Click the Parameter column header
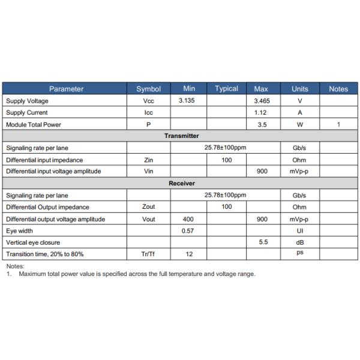click(66, 89)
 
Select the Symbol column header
click(149, 89)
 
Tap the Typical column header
click(226, 89)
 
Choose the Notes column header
click(338, 89)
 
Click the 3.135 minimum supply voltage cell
click(189, 101)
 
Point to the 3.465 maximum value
click(262, 101)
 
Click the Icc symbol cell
click(149, 112)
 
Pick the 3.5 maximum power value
click(262, 124)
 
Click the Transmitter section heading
click(181, 136)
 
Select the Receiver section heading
click(181, 183)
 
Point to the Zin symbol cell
click(149, 160)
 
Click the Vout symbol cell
click(149, 219)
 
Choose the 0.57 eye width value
click(189, 230)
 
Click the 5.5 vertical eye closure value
click(262, 242)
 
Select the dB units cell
click(299, 242)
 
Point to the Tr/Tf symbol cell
click(149, 254)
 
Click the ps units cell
click(299, 254)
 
